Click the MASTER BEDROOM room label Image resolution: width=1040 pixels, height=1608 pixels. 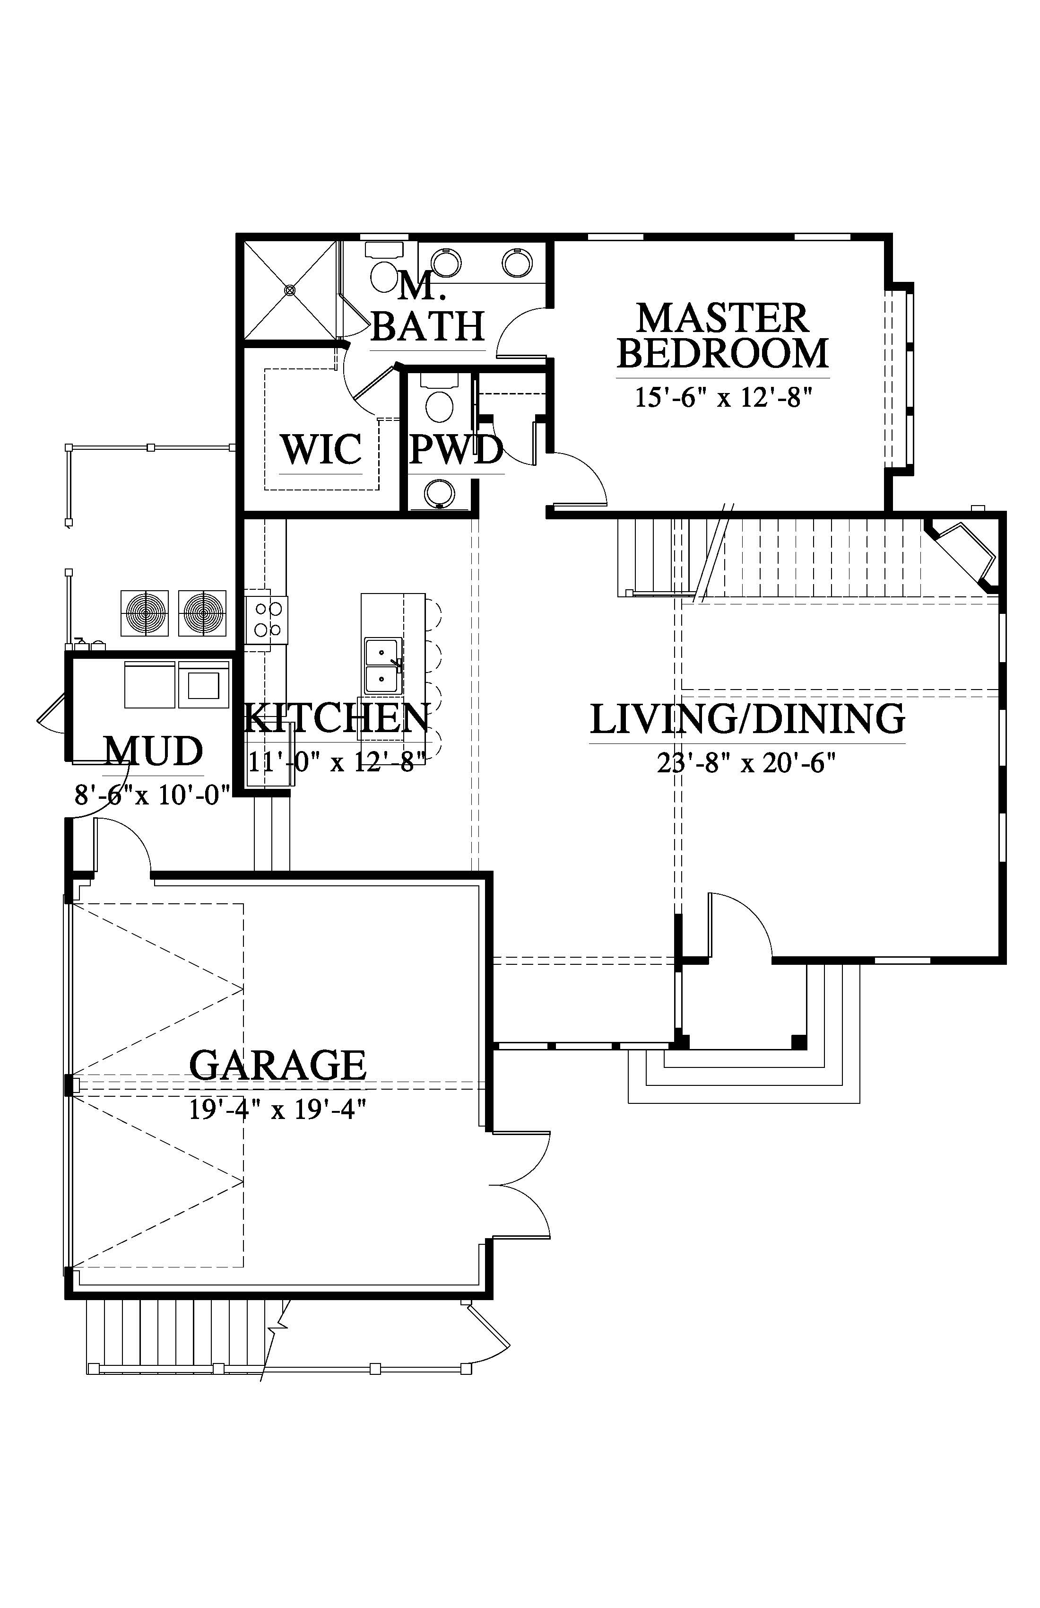click(723, 336)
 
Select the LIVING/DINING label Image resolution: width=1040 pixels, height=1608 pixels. click(747, 719)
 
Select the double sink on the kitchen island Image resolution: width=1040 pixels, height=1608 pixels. click(383, 665)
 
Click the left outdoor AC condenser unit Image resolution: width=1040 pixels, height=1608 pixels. click(145, 613)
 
